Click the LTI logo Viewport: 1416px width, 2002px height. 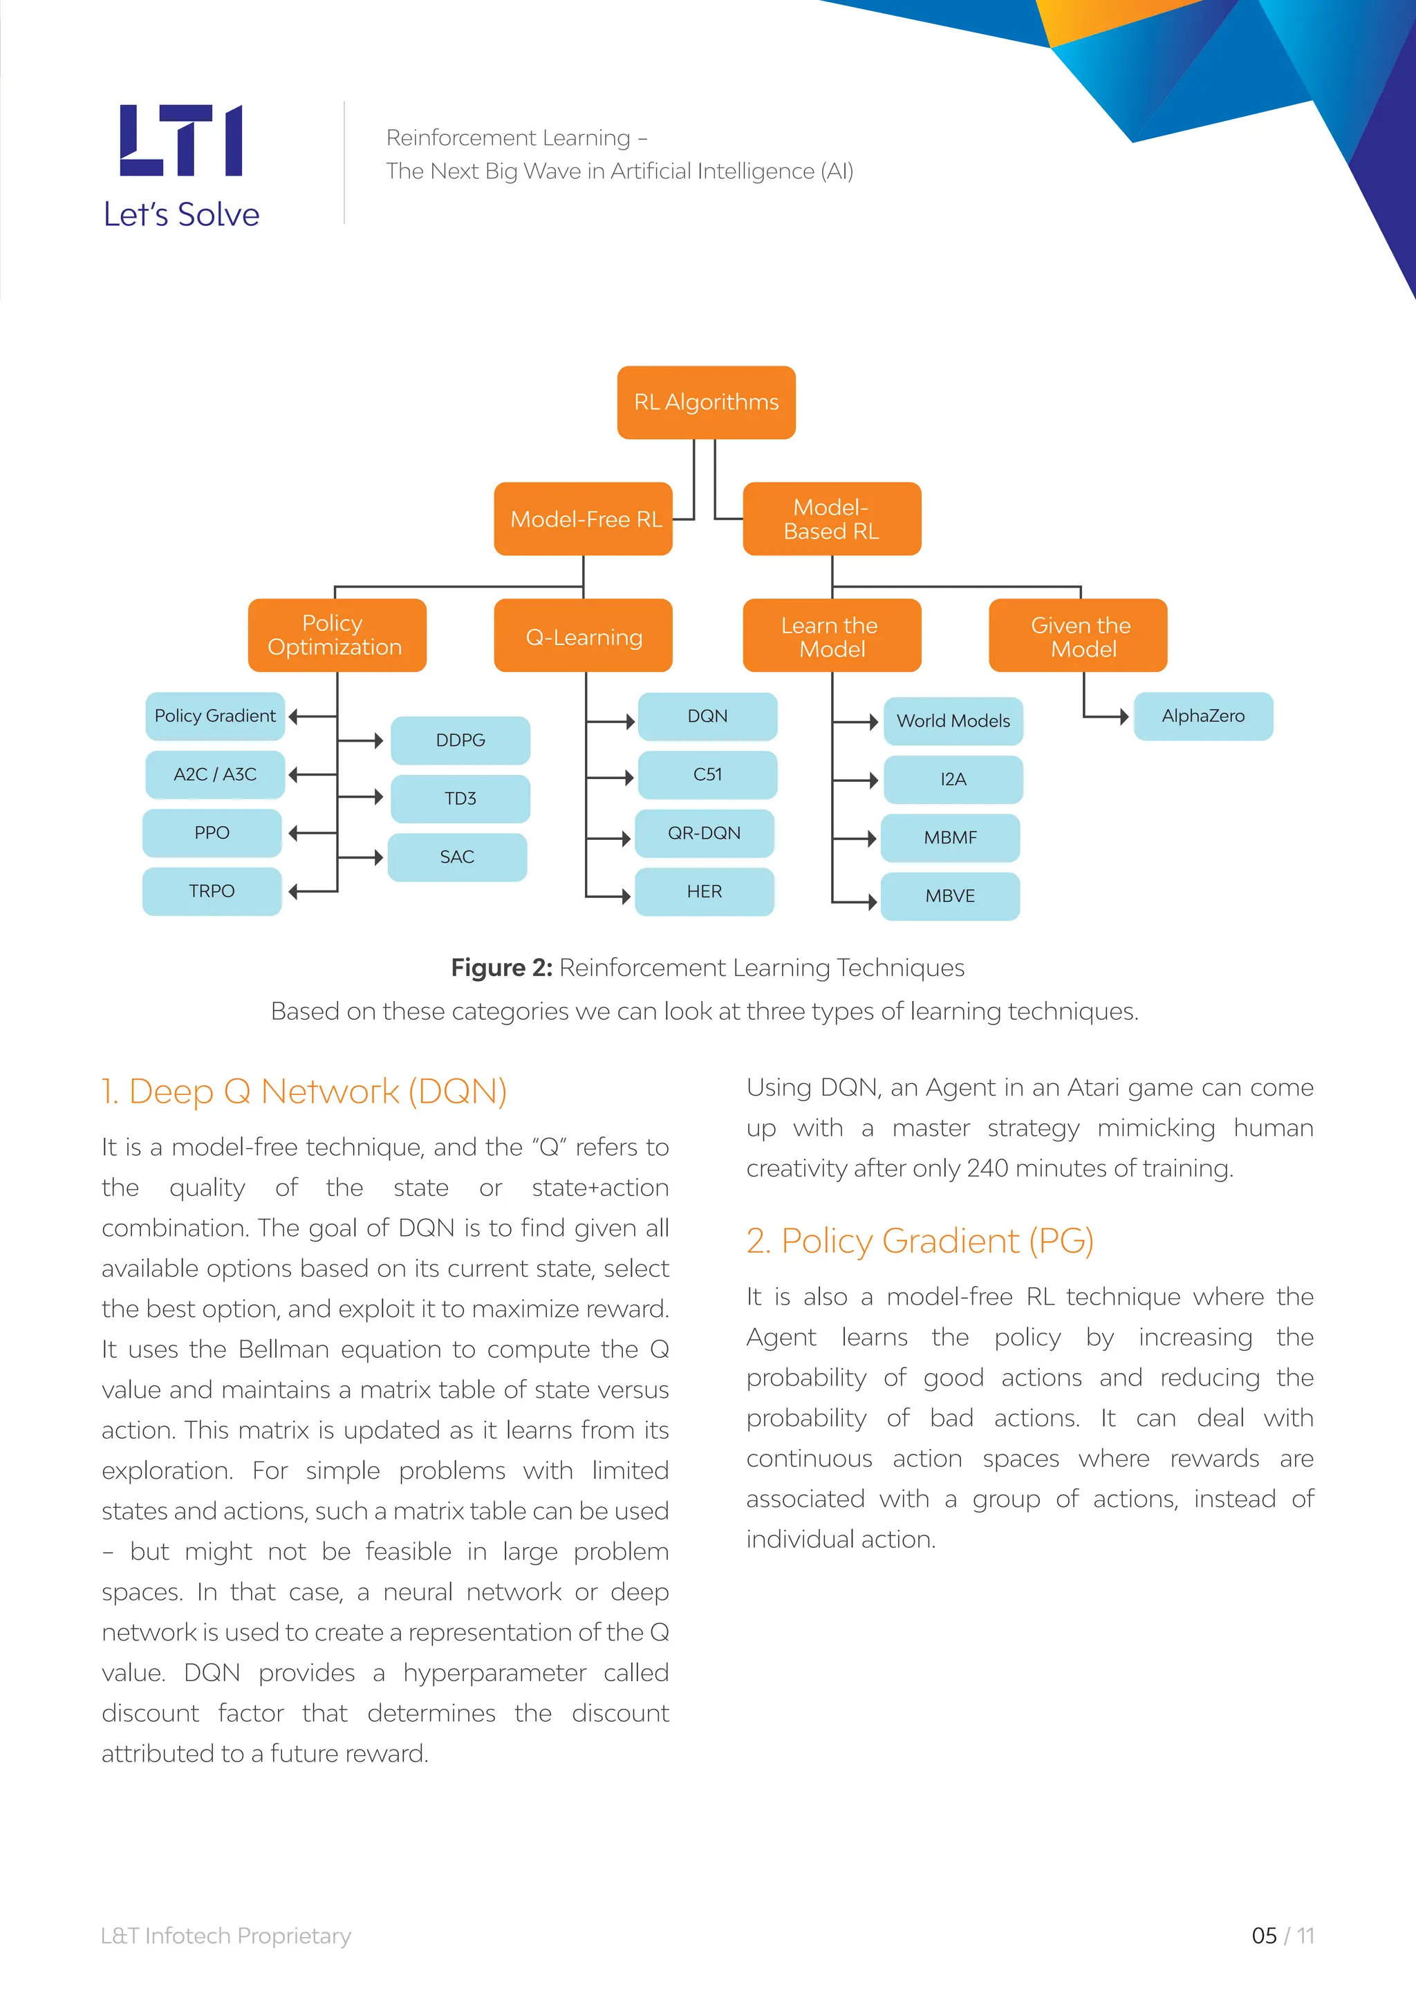(x=181, y=140)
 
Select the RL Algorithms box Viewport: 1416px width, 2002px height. (x=706, y=402)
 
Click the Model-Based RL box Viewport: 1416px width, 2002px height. (x=832, y=518)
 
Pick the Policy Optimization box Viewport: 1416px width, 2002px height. (x=337, y=635)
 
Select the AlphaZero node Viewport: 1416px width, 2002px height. (x=1203, y=716)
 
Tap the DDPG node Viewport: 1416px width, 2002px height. (x=460, y=740)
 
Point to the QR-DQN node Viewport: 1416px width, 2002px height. (x=705, y=833)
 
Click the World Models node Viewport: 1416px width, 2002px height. (x=953, y=721)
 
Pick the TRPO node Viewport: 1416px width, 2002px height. (x=212, y=891)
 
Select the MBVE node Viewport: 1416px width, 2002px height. (x=951, y=897)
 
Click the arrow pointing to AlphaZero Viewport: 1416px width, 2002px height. (x=1122, y=717)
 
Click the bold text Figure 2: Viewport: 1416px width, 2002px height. (x=501, y=968)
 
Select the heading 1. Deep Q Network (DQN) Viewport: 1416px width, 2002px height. (x=304, y=1092)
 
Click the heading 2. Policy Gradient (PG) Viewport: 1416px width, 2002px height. (x=920, y=1241)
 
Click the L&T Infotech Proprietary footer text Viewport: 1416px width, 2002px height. (x=226, y=1936)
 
